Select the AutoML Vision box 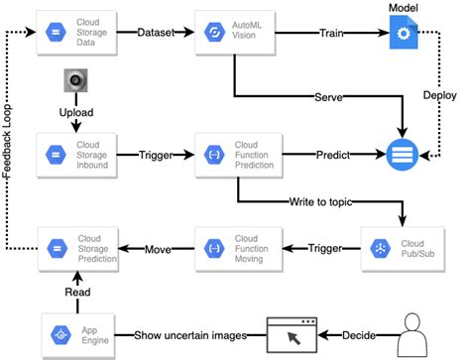click(x=233, y=32)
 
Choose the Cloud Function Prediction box click(x=233, y=156)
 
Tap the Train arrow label click(x=331, y=32)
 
